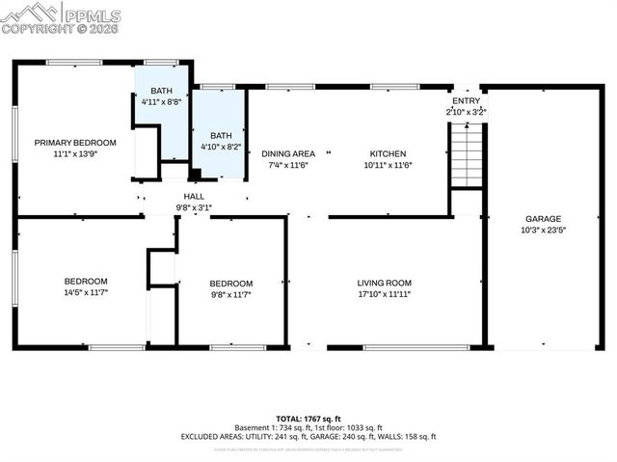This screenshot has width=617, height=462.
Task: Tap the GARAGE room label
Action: tap(543, 219)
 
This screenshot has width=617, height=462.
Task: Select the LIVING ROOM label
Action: tap(386, 283)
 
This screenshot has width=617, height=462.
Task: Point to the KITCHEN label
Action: tap(389, 153)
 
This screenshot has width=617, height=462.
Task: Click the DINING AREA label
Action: tap(288, 153)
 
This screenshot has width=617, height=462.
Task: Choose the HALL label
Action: tap(194, 195)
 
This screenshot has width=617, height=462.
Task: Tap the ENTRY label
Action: tap(466, 100)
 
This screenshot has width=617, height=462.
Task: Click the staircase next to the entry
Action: tap(466, 153)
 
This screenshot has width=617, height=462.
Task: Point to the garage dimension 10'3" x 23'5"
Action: tap(543, 231)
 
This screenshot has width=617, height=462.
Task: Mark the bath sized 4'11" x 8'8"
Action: tap(161, 100)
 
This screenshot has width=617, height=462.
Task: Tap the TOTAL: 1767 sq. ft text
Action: tap(308, 418)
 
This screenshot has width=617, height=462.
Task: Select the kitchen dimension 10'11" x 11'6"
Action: tap(389, 165)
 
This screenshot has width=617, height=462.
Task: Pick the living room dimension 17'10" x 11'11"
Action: tap(386, 294)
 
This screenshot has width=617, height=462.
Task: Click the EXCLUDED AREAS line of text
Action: tap(308, 437)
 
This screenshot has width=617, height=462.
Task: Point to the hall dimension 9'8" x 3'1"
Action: tap(194, 206)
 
